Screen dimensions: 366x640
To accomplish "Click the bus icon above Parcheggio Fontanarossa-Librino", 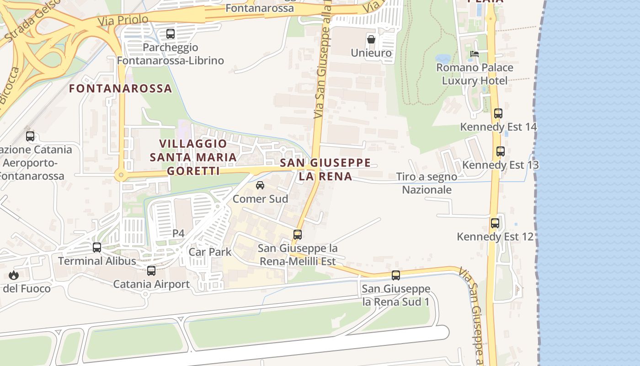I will (171, 33).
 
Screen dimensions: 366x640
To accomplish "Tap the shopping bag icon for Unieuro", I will (371, 39).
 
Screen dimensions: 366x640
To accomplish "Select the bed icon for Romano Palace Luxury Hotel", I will (475, 54).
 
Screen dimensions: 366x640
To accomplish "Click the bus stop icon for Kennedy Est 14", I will (498, 113).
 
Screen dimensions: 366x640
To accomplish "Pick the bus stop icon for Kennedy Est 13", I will (501, 151).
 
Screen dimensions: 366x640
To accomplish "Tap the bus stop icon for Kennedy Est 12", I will (495, 223).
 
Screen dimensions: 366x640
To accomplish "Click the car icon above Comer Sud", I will (260, 185).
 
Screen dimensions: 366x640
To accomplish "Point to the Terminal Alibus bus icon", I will (97, 248).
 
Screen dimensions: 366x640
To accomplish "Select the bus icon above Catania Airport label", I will (151, 270).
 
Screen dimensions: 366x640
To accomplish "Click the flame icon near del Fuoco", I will (14, 275).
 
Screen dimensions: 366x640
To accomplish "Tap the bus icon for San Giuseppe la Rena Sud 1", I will (396, 275).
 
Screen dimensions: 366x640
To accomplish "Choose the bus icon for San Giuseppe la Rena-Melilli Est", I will (298, 235).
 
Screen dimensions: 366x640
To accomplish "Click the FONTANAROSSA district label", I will (120, 88).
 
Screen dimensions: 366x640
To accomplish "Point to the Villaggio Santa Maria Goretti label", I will (193, 157).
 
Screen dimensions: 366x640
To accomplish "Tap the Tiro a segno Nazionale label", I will (427, 183).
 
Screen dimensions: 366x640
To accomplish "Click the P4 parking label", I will (178, 233).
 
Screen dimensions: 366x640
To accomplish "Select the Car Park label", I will (210, 252).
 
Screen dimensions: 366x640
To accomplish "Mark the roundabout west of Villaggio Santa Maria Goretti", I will (121, 174).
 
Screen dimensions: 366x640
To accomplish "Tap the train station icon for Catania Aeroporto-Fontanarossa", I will (30, 136).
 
